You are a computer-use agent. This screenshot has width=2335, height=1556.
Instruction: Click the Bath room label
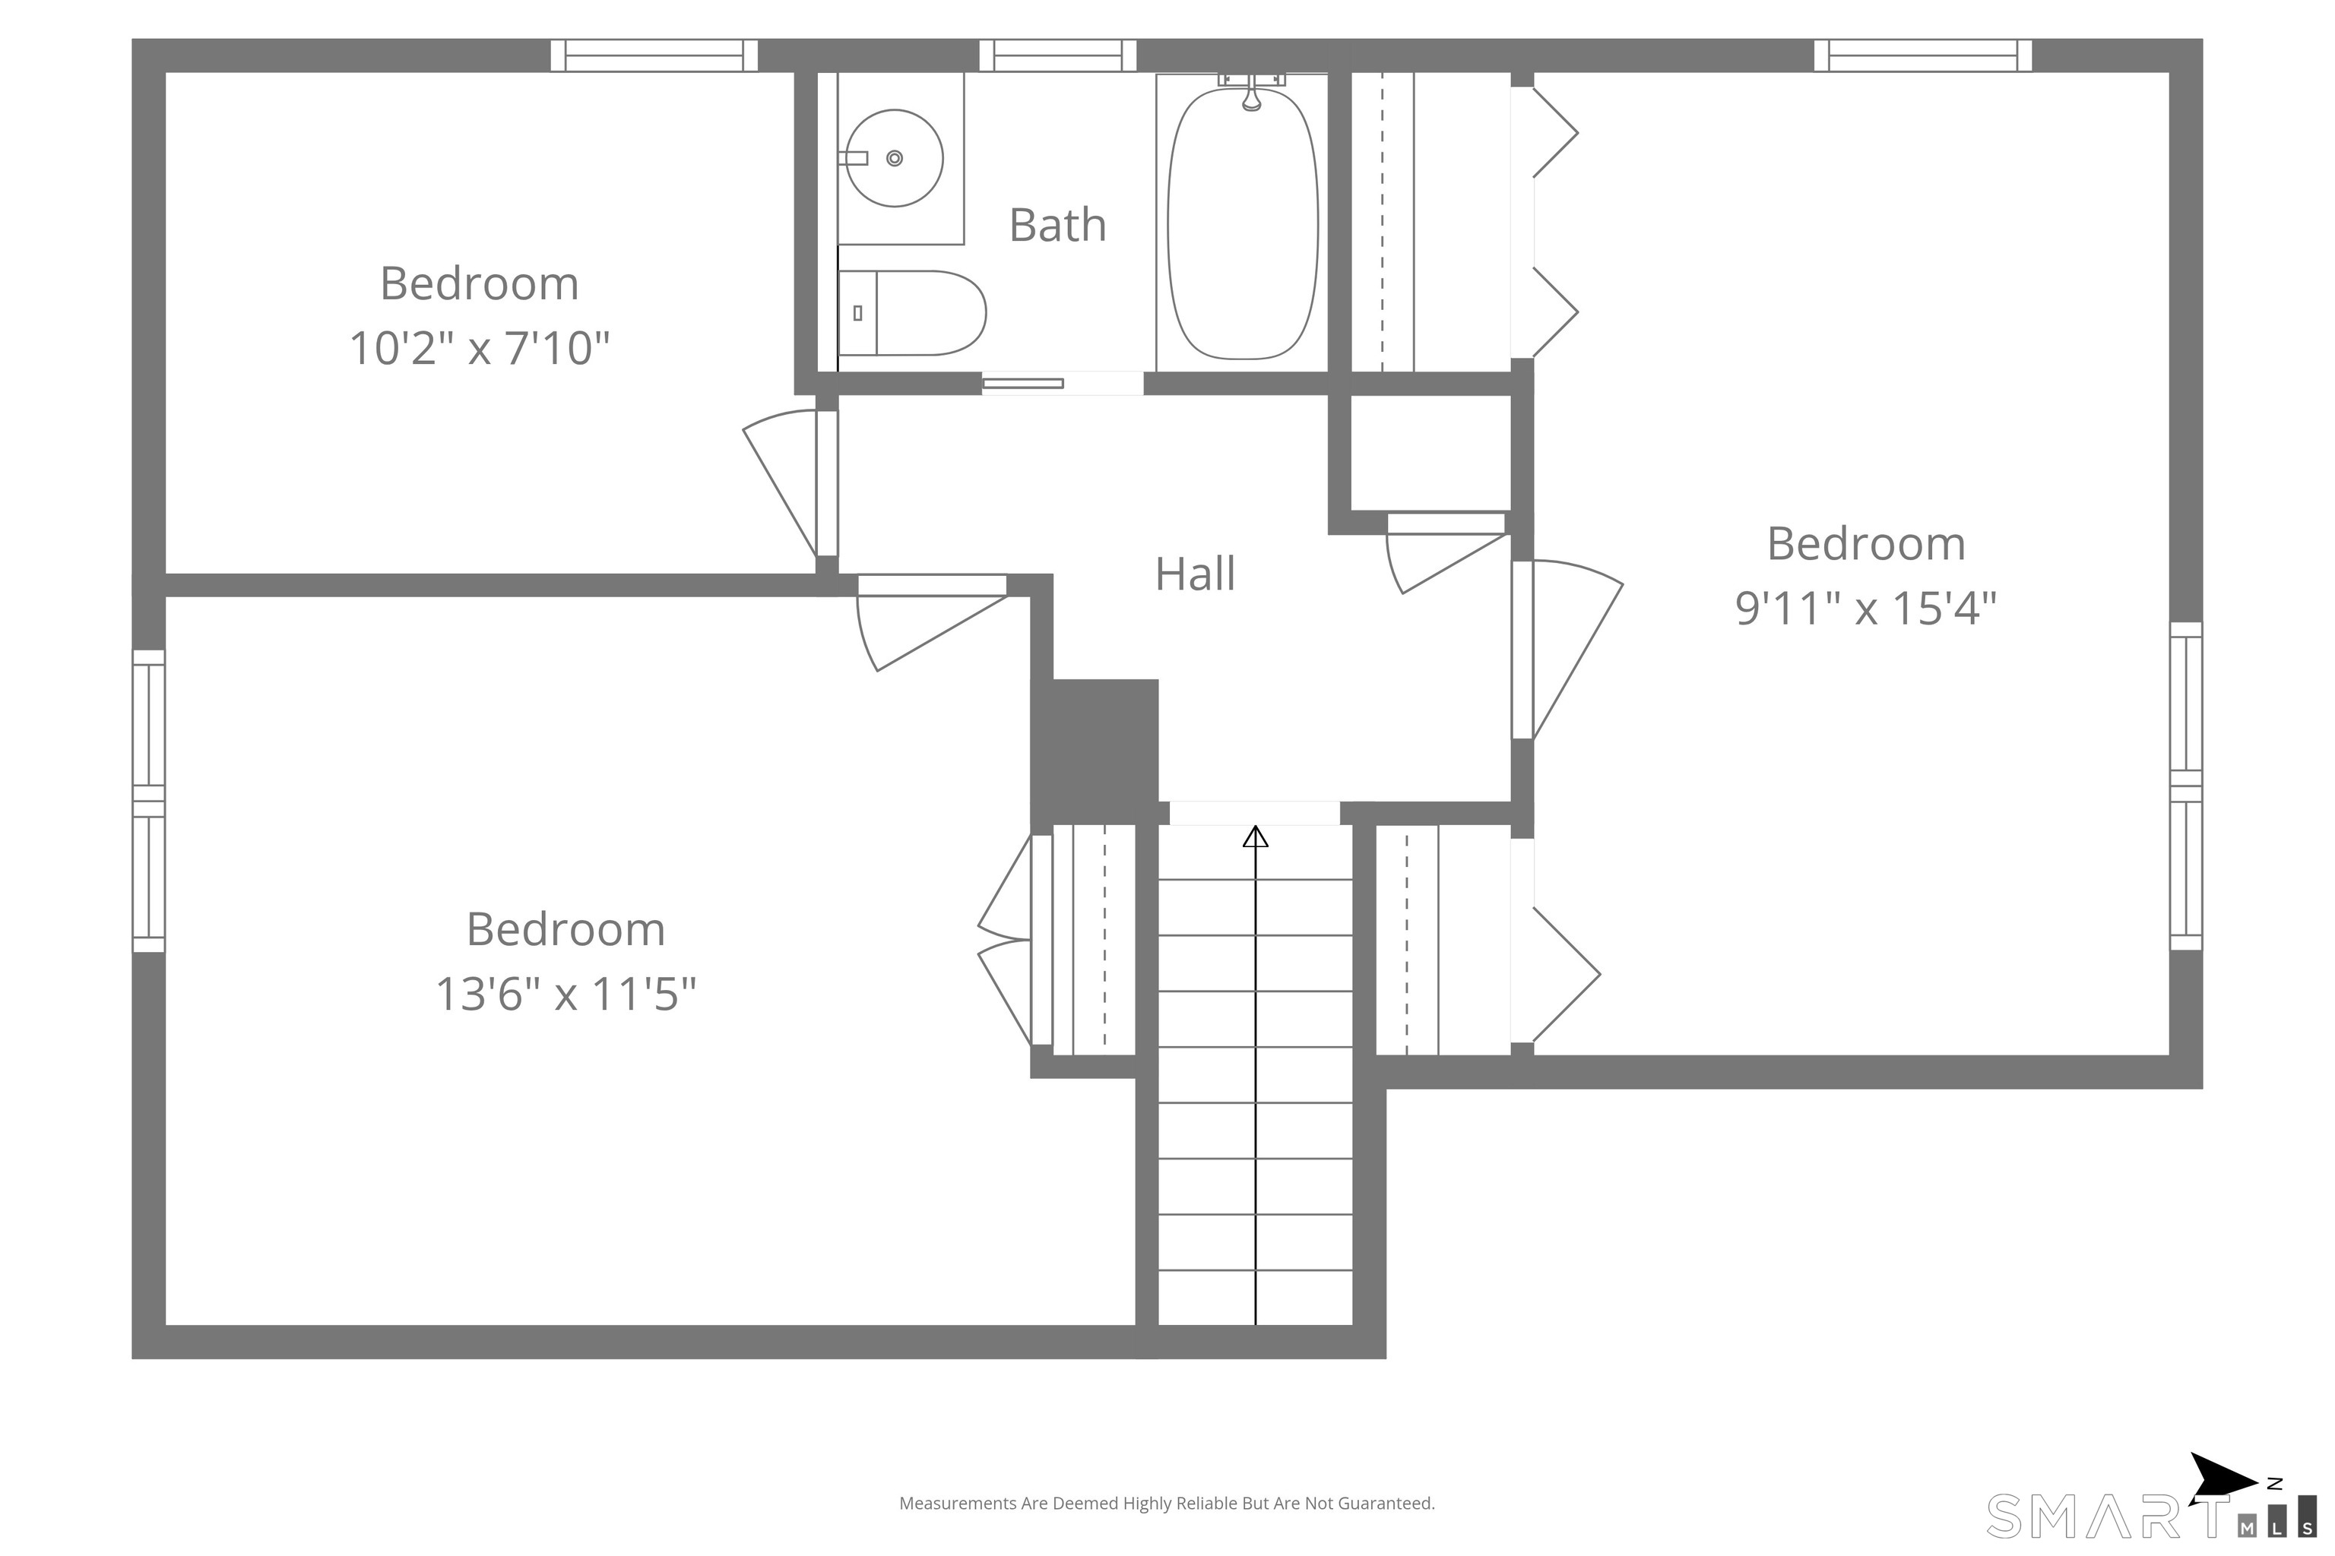pyautogui.click(x=1057, y=225)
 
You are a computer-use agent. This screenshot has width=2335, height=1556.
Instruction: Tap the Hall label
pyautogui.click(x=1196, y=574)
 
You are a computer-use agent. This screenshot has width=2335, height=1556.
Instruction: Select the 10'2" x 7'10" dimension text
pyautogui.click(x=480, y=348)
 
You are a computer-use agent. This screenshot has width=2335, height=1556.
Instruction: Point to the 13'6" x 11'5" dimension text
pyautogui.click(x=566, y=993)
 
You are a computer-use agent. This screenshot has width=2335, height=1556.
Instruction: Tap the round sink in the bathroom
pyautogui.click(x=895, y=159)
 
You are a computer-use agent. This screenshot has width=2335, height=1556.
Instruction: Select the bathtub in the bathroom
pyautogui.click(x=1243, y=224)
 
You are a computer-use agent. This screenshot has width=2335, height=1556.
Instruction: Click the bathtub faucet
pyautogui.click(x=1252, y=90)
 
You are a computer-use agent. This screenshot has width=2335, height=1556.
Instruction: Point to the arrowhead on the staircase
pyautogui.click(x=1256, y=837)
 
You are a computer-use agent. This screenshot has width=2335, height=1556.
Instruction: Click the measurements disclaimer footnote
pyautogui.click(x=1167, y=1504)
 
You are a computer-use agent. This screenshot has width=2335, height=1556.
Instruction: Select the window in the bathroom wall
pyautogui.click(x=1058, y=55)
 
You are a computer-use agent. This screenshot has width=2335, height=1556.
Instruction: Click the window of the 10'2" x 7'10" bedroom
pyautogui.click(x=654, y=55)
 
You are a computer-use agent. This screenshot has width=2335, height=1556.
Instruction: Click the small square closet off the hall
pyautogui.click(x=1430, y=453)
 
